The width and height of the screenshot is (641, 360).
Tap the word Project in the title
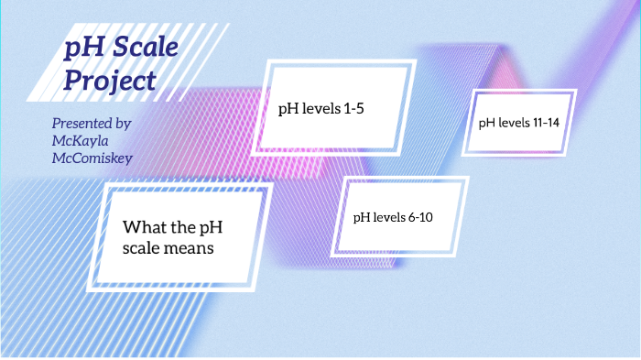[110, 81]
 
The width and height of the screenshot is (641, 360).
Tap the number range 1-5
[361, 108]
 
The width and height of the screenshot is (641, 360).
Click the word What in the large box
[145, 226]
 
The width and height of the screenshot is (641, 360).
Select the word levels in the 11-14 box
[509, 122]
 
